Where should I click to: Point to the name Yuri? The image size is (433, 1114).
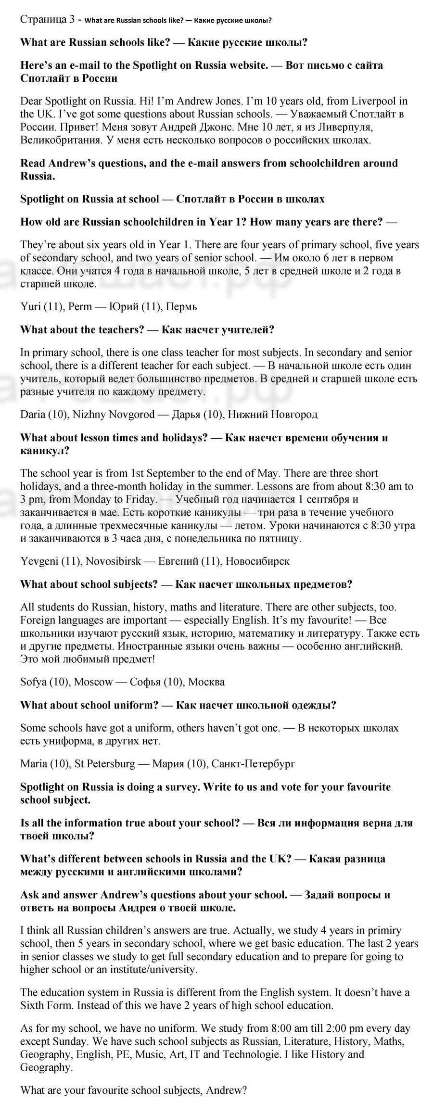[x=30, y=306]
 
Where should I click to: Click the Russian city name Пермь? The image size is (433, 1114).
[x=180, y=306]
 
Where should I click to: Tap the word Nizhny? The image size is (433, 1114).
[x=89, y=414]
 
